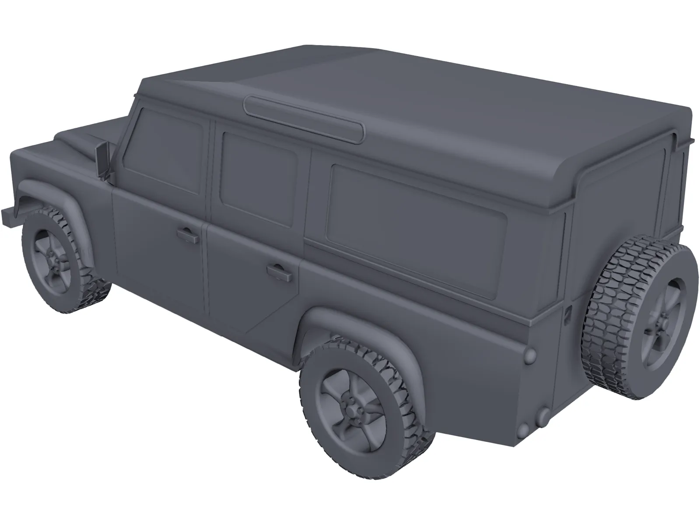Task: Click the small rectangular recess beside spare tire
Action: [x=568, y=313]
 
